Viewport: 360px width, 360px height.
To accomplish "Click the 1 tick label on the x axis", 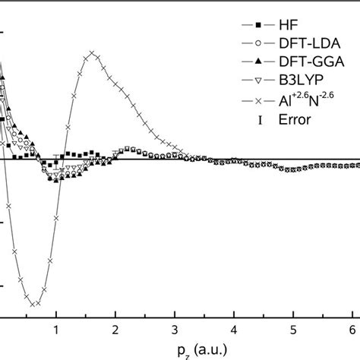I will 56,331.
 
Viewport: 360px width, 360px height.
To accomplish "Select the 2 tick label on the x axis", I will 115,331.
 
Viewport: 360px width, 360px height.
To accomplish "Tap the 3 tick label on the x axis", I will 175,331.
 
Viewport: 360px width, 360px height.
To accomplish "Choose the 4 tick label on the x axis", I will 234,331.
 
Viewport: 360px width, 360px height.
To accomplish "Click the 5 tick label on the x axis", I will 293,331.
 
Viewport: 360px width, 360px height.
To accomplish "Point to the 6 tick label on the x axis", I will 352,331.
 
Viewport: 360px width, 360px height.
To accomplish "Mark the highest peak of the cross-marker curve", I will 92,53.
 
